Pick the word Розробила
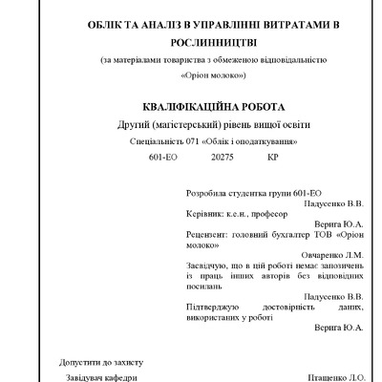click(207, 192)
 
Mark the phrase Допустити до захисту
click(100, 364)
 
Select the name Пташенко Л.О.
click(332, 378)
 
